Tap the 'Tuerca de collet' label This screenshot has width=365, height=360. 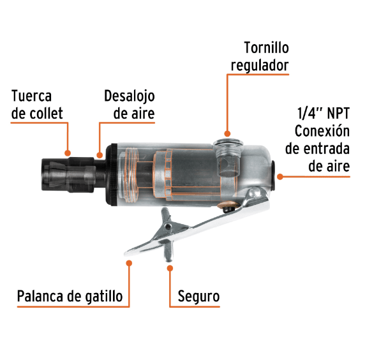(x=38, y=105)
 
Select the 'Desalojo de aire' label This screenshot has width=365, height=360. (x=130, y=105)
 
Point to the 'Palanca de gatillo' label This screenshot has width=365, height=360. (x=70, y=297)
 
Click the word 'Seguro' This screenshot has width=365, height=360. (x=198, y=297)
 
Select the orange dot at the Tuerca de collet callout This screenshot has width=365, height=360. (x=68, y=153)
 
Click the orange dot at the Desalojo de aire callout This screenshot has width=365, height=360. (x=99, y=153)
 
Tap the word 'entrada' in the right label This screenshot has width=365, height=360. (x=327, y=149)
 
